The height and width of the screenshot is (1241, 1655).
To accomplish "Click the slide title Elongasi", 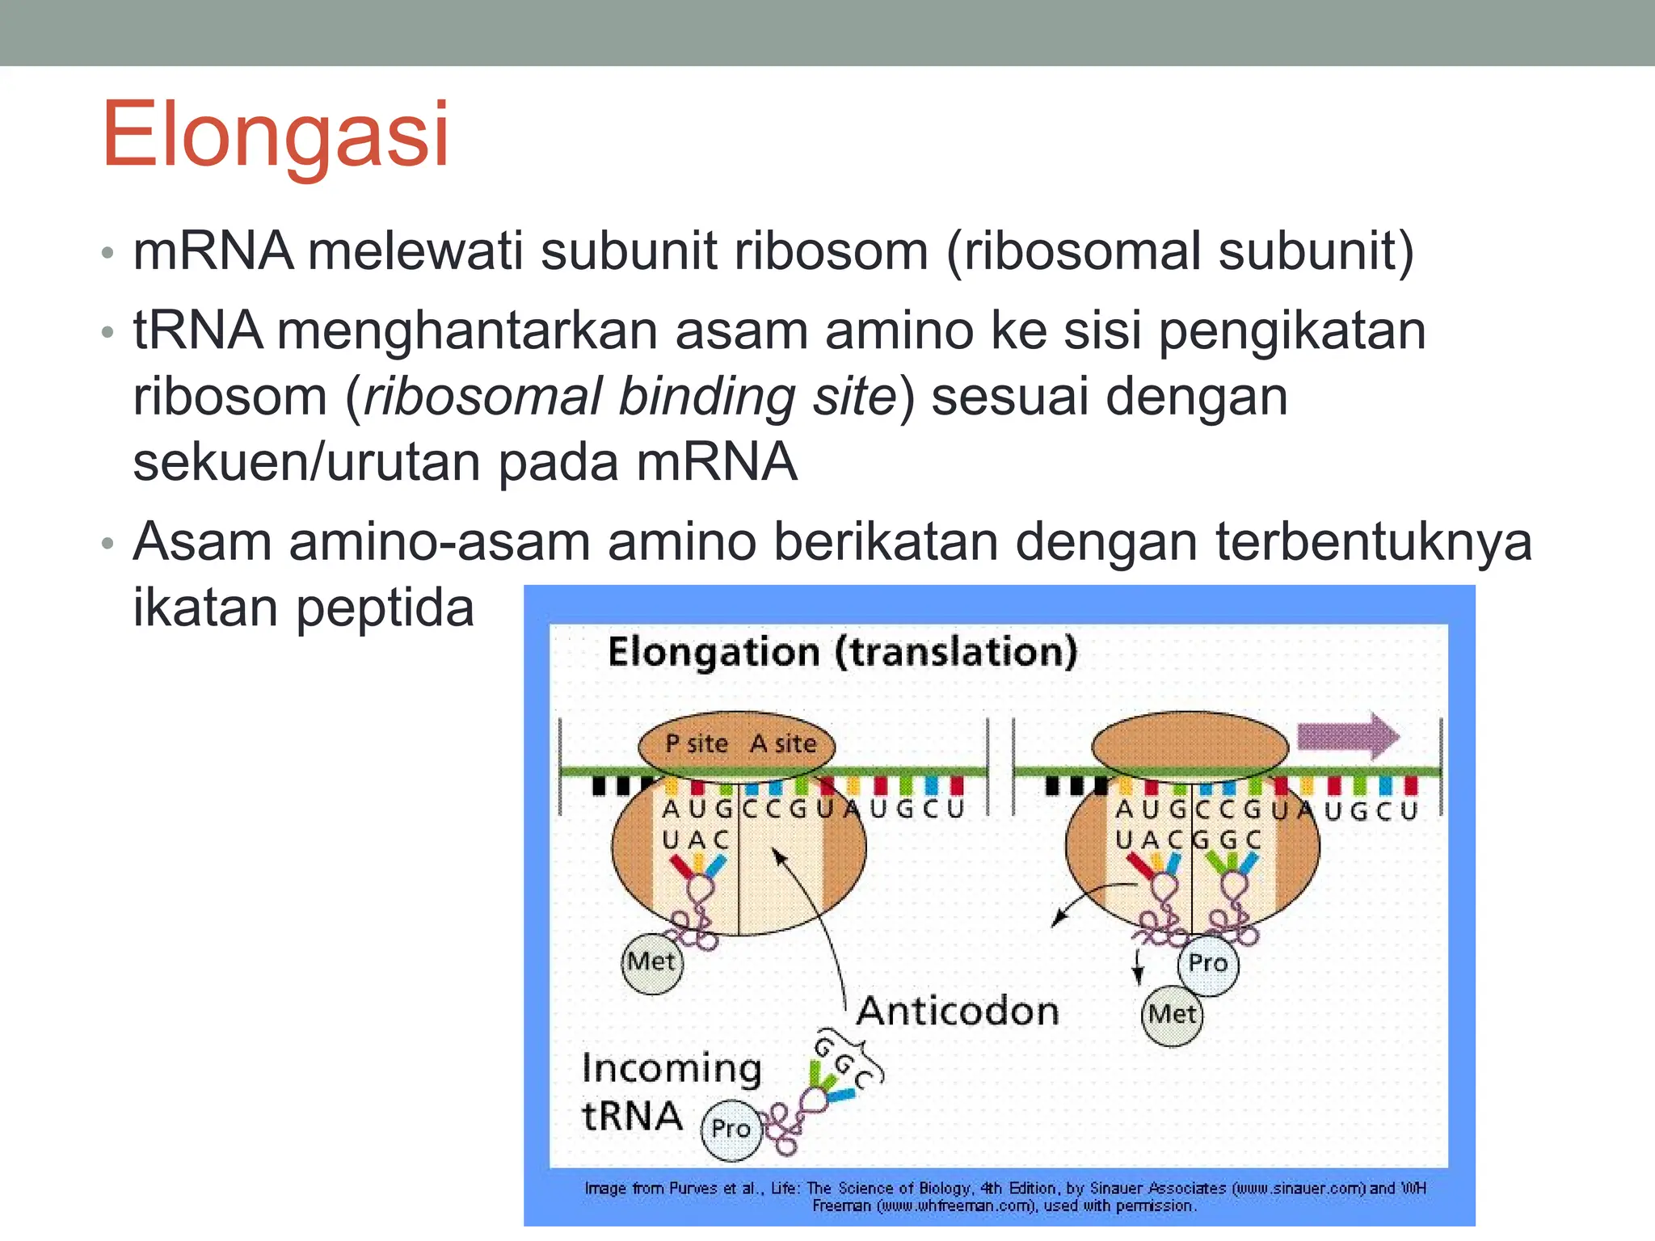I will pos(275,135).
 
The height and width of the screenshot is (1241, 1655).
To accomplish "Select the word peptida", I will pos(385,608).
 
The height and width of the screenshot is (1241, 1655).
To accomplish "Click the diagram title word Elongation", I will pos(714,652).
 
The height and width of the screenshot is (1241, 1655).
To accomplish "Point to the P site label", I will pos(696,743).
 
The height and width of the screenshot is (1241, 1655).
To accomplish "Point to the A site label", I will pos(783,743).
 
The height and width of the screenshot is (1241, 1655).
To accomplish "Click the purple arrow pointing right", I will pos(1347,736).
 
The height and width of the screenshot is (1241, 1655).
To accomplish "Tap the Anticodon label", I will pos(958,1012).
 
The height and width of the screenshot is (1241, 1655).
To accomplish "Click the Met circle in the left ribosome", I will pos(651,961).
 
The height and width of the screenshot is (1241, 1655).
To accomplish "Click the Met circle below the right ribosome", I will pos(1172,1015).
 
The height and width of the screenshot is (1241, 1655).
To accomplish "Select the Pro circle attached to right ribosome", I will pos(1208,963).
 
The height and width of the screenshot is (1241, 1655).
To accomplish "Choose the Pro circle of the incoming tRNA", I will pos(731,1129).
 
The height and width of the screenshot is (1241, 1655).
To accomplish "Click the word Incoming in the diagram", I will pos(672,1069).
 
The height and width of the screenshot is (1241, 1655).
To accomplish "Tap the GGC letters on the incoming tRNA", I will pos(844,1064).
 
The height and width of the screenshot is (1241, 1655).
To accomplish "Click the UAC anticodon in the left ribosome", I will pos(696,840).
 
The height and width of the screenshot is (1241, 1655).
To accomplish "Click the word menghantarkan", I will pos(467,330).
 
